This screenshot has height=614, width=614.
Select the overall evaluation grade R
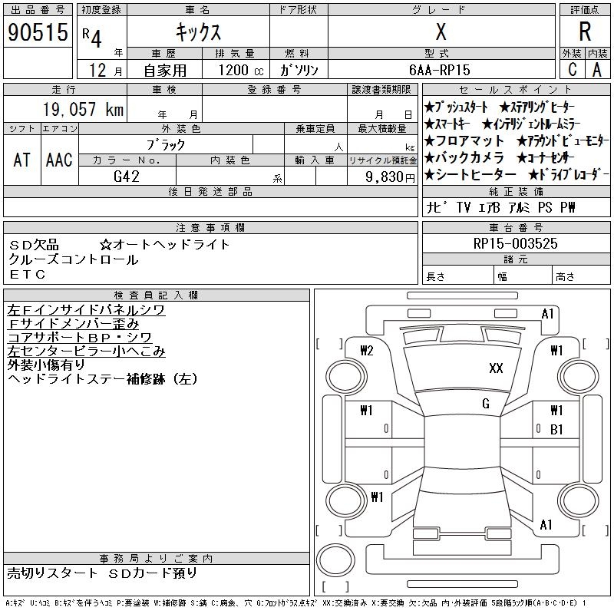[585, 32]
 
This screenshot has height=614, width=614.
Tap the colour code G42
[127, 176]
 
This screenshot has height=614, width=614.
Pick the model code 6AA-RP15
[441, 70]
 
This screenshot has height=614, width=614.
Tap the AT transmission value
[21, 160]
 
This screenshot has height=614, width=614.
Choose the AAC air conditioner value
[59, 160]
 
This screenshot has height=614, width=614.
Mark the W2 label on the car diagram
[366, 351]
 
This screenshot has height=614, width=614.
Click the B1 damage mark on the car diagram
[557, 429]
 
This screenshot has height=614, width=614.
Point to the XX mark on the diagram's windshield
[496, 368]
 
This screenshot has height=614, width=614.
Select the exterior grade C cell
[572, 70]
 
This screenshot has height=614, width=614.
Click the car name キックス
[198, 32]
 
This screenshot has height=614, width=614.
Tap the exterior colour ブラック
[166, 144]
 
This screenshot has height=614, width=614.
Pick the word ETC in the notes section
[28, 274]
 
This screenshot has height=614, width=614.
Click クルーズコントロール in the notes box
[74, 259]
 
